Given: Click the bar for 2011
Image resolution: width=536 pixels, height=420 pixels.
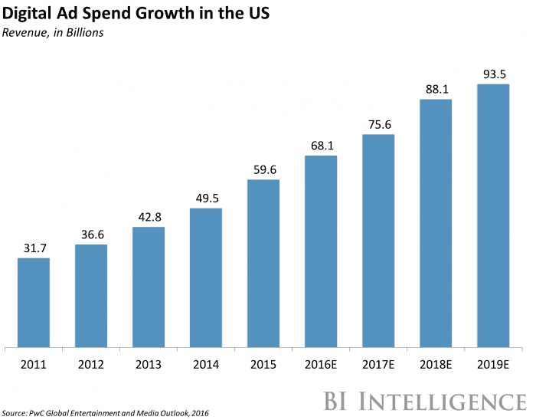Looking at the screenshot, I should coord(33,302).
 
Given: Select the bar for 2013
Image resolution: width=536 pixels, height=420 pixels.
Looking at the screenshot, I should coord(148,287).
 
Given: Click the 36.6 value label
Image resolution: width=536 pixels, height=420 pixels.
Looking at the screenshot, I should coord(90,234).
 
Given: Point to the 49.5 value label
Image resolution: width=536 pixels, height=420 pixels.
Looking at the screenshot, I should coord(205,198).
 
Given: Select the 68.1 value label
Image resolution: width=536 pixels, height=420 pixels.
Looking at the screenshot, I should coord(321,145).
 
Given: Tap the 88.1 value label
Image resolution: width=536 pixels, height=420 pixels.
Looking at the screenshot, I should coord(436,88).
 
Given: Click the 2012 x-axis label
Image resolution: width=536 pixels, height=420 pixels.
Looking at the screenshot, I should coord(90,366).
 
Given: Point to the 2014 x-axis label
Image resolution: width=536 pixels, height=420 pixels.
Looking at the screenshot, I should coord(205,366).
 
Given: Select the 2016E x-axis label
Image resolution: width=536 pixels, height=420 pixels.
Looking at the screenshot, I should coord(321,366).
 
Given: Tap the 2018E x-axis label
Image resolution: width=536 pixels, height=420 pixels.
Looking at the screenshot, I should coord(436,366).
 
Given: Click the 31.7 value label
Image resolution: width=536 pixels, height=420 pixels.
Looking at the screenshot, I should coord(33,248).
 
